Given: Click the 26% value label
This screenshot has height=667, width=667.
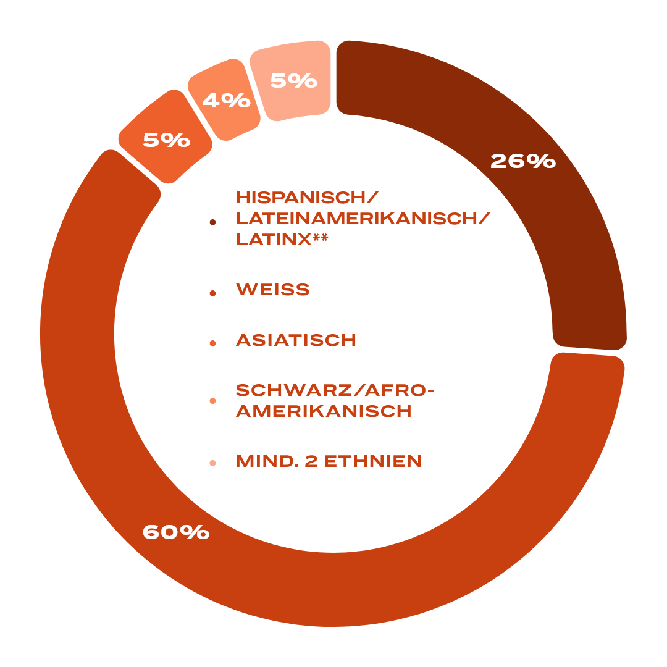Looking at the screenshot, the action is pyautogui.click(x=523, y=161).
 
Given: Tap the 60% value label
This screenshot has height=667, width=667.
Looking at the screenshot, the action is pyautogui.click(x=176, y=532).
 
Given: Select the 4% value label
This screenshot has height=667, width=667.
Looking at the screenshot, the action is pyautogui.click(x=226, y=101).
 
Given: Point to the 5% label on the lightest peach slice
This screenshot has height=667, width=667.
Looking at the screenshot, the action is pyautogui.click(x=293, y=80).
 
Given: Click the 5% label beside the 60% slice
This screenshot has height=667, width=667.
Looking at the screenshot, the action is pyautogui.click(x=166, y=140).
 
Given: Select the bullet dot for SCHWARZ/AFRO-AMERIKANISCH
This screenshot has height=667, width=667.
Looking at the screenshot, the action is pyautogui.click(x=212, y=401).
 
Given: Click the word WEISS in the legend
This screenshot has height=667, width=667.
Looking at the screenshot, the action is pyautogui.click(x=273, y=290).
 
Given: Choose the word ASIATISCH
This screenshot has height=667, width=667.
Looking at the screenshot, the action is pyautogui.click(x=296, y=340).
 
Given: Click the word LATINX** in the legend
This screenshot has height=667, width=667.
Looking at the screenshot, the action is pyautogui.click(x=282, y=240).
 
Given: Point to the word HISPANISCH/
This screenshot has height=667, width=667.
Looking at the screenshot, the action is pyautogui.click(x=306, y=198).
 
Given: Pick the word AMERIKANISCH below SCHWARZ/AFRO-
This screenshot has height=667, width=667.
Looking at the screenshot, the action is pyautogui.click(x=324, y=411).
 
